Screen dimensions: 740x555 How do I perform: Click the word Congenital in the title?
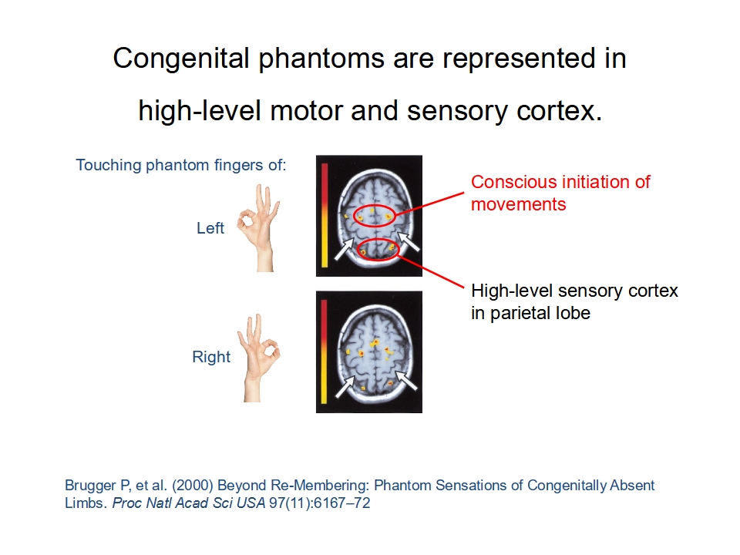click(x=180, y=59)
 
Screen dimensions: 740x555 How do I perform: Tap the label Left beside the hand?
click(x=210, y=228)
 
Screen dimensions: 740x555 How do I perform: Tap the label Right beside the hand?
click(x=211, y=357)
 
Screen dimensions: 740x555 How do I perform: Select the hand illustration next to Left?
click(x=259, y=227)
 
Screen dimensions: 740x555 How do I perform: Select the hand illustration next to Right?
click(x=259, y=358)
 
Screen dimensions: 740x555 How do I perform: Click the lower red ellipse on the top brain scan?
click(x=358, y=249)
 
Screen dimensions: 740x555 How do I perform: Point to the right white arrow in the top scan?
click(x=409, y=240)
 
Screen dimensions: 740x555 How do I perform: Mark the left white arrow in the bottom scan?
click(x=345, y=386)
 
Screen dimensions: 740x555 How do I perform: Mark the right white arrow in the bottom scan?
click(x=406, y=380)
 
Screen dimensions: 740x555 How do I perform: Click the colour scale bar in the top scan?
click(x=325, y=215)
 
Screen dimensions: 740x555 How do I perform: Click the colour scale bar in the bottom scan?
click(x=325, y=351)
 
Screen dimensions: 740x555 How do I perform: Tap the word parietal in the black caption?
click(x=522, y=313)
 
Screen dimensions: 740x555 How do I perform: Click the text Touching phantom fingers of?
click(x=181, y=165)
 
